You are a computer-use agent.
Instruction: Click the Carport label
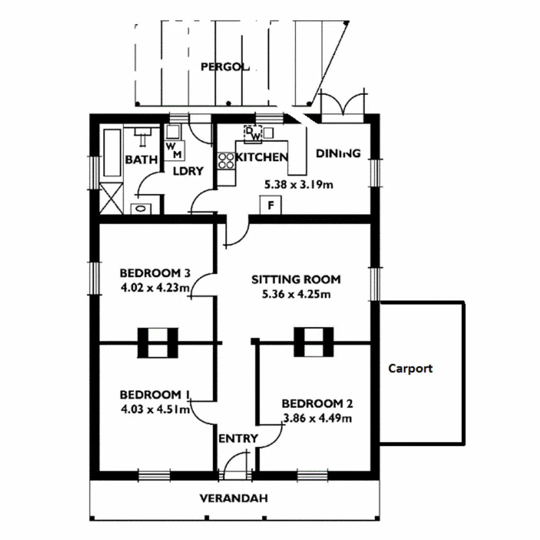410,369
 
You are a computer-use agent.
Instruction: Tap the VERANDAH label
234,498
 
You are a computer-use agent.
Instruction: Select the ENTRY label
238,438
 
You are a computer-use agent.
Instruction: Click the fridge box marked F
271,206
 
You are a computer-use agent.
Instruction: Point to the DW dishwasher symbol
253,133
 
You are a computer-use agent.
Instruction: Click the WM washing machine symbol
174,151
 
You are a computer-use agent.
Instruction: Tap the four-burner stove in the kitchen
226,161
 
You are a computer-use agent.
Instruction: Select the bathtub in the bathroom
112,153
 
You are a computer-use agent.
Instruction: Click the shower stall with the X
111,198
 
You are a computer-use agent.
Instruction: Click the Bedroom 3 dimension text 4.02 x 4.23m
155,288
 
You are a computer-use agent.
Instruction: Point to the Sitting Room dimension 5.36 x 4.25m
296,294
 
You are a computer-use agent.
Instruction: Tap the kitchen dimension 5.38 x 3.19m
298,184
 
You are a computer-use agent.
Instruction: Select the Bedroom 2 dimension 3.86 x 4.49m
317,418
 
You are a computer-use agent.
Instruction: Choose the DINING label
338,153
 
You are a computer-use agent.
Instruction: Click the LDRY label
188,171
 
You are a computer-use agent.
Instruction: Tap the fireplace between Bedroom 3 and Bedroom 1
157,343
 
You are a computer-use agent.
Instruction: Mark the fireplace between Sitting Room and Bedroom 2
314,342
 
